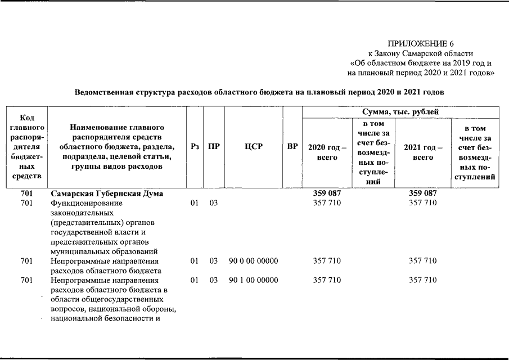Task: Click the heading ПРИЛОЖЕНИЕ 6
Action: coord(421,44)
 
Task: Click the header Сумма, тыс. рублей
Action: coord(400,112)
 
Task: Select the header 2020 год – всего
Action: coord(327,152)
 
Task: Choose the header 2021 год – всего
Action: coord(423,152)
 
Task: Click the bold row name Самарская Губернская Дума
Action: coord(107,193)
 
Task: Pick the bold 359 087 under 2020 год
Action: coord(327,193)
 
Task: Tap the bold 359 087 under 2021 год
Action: coord(423,193)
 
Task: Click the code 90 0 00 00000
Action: coord(253,261)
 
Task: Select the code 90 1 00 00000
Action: coord(253,280)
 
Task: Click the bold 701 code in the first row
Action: coord(26,193)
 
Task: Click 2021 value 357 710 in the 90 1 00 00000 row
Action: coord(423,280)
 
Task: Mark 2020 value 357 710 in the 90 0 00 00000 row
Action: coord(327,261)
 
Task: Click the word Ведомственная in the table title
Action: coord(105,92)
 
